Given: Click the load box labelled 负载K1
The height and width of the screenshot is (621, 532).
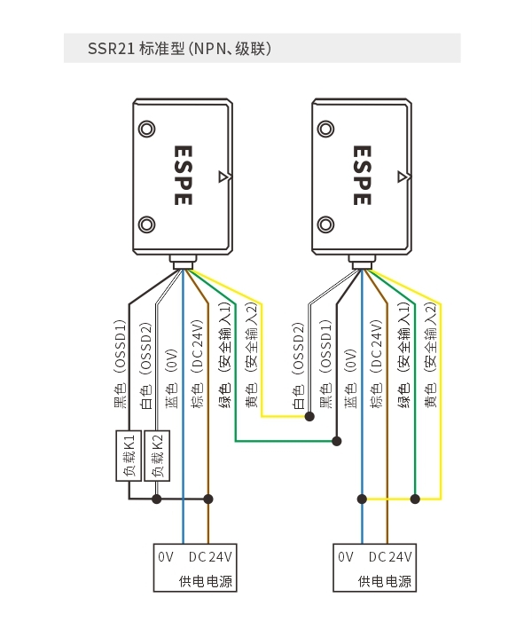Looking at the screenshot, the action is [129, 456].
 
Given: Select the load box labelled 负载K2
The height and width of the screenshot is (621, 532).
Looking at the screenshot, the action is [157, 456].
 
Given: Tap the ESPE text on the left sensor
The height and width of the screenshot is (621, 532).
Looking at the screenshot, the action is [184, 176].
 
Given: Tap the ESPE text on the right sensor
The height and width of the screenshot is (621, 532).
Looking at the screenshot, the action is [362, 176].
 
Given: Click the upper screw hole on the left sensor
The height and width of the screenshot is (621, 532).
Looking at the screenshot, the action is [146, 129].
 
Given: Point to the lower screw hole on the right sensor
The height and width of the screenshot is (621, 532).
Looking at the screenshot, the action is [325, 224].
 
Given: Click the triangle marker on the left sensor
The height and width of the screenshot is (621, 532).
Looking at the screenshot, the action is [223, 177].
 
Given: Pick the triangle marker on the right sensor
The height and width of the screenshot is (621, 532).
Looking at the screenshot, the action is [403, 177].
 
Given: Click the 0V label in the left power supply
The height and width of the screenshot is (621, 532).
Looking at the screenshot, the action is [166, 557].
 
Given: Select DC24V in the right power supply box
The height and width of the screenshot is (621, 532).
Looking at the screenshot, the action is [390, 557].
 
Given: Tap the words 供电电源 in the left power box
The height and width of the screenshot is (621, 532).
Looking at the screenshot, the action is [206, 581].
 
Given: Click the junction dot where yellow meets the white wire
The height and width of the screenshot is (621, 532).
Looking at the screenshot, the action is [309, 416].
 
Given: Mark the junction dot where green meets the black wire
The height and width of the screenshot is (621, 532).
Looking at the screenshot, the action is [336, 441].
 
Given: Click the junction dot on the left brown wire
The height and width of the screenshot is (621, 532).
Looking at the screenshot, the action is [208, 499].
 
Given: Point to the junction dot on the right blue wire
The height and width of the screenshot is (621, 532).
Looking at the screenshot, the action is [362, 499].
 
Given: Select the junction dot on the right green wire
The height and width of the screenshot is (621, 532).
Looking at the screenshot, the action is [415, 499].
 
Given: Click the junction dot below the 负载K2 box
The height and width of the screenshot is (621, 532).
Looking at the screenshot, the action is [157, 499].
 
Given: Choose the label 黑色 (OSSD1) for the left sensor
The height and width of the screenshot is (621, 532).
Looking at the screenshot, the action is [121, 364].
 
